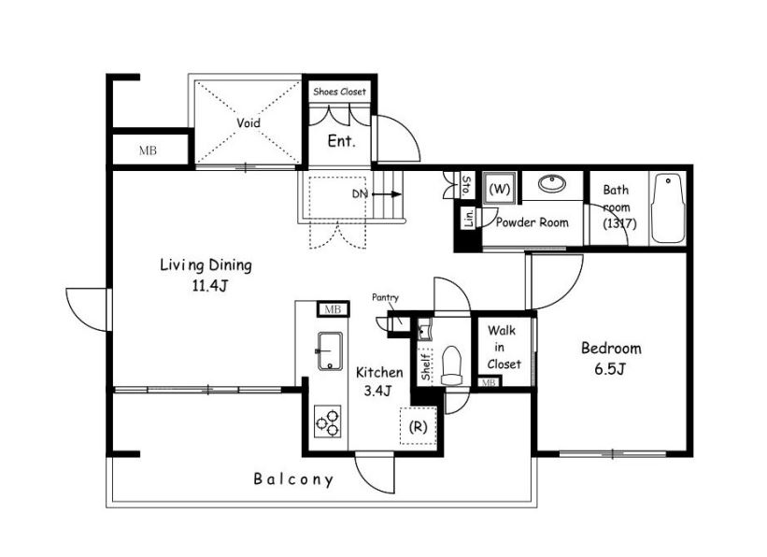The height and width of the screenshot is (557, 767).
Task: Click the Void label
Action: (x=249, y=122)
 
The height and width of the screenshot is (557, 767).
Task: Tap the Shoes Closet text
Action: (x=339, y=92)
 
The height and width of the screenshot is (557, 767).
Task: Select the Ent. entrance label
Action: (x=341, y=141)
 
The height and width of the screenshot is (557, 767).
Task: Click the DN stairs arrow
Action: (x=387, y=194)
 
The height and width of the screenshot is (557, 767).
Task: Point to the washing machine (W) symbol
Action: (x=500, y=188)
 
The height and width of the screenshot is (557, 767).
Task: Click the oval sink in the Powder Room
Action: (x=552, y=184)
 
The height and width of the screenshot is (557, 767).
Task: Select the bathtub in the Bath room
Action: (x=668, y=208)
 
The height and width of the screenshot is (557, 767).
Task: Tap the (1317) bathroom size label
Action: (x=619, y=223)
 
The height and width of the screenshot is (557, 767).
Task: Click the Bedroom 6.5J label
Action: (x=611, y=358)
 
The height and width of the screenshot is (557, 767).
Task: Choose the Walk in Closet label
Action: (x=504, y=347)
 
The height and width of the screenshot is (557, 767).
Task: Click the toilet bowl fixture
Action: (x=451, y=365)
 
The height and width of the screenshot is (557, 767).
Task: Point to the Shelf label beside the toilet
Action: (x=426, y=367)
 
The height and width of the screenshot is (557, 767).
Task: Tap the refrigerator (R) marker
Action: (x=418, y=427)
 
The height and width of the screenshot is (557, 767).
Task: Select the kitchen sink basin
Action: (x=331, y=351)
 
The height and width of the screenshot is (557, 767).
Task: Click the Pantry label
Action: (x=386, y=297)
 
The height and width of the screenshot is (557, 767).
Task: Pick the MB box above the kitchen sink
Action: (x=334, y=308)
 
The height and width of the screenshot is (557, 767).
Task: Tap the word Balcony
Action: (x=293, y=479)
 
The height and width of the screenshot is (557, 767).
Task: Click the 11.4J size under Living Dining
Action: (x=209, y=285)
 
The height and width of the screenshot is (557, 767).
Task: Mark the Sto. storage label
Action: (x=467, y=184)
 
